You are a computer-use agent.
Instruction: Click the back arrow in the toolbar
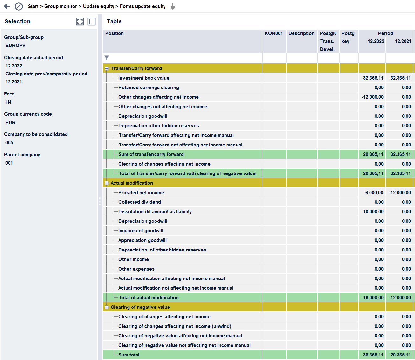[x=7, y=6]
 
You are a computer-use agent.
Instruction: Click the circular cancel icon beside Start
[x=19, y=6]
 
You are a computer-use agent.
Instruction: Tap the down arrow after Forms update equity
[x=173, y=7]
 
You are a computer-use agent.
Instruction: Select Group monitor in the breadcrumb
[x=60, y=6]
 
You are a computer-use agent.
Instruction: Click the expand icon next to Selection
[x=80, y=22]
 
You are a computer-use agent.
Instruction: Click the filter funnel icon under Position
[x=107, y=58]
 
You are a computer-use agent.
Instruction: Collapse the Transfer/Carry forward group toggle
[x=107, y=68]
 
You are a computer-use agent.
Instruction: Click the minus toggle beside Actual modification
[x=107, y=183]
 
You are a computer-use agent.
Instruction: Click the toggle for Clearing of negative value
[x=107, y=307]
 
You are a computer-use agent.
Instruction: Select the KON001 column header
[x=273, y=33]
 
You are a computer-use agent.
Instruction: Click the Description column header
[x=301, y=33]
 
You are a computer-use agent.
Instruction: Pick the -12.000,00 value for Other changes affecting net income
[x=372, y=97]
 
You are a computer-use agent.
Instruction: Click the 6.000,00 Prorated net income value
[x=374, y=193]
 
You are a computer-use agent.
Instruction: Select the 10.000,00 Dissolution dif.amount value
[x=373, y=212]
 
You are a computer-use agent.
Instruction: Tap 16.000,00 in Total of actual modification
[x=373, y=298]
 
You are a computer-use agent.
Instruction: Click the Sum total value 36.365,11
[x=373, y=355]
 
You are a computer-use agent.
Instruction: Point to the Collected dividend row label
[x=140, y=202]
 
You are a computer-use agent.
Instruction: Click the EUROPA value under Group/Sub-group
[x=16, y=46]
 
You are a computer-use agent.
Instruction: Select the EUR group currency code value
[x=10, y=123]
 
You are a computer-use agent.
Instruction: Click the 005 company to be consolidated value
[x=9, y=143]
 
